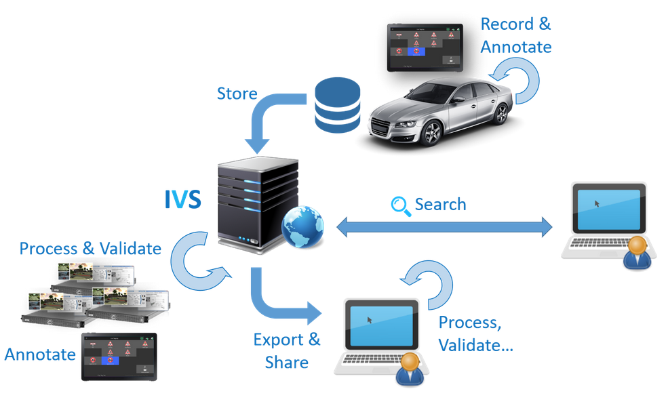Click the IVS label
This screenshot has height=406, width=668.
click(x=182, y=198)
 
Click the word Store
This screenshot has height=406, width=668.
click(x=237, y=94)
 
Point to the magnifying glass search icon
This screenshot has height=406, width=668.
click(x=401, y=205)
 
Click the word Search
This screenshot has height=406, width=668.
click(x=440, y=205)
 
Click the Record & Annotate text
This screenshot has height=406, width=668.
click(x=515, y=35)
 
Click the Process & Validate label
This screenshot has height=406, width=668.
click(x=90, y=248)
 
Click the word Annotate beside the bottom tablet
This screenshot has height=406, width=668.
click(x=40, y=354)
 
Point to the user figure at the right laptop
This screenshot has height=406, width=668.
click(x=637, y=251)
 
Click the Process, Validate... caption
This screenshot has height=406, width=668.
click(x=475, y=333)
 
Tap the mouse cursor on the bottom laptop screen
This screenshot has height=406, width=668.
click(x=370, y=319)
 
